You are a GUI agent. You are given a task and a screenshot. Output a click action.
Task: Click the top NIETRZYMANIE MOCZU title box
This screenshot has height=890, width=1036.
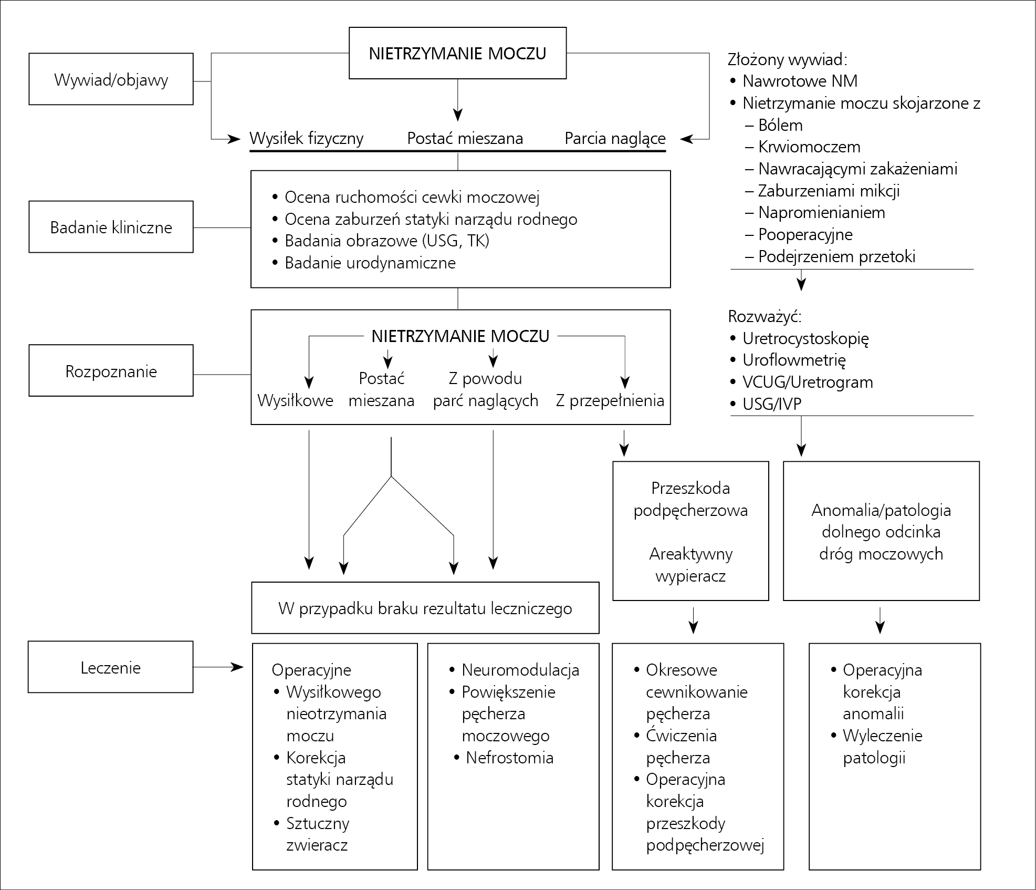[457, 53]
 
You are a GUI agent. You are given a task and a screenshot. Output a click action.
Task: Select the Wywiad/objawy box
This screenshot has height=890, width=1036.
[111, 79]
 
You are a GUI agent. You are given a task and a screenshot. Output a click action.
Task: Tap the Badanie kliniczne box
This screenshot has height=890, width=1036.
[111, 226]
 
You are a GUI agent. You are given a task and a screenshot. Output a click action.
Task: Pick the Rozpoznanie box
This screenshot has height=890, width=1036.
[111, 370]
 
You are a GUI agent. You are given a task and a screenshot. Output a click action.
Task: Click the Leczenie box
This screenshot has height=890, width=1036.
[111, 667]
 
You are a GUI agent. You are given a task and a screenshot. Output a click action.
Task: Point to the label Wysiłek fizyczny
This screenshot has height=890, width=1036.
[306, 138]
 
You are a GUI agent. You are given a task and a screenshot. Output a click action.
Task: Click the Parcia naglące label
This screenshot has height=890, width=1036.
[615, 138]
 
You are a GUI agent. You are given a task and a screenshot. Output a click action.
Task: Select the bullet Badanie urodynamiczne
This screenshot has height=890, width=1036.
[364, 263]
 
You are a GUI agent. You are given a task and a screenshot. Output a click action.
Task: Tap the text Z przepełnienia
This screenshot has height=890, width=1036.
[610, 400]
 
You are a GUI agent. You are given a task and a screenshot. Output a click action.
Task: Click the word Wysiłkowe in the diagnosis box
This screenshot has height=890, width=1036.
[295, 400]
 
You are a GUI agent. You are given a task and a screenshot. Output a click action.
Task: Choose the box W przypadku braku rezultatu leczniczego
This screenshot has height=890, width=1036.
[425, 608]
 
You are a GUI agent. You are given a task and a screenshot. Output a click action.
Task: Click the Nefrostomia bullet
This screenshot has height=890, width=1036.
[504, 758]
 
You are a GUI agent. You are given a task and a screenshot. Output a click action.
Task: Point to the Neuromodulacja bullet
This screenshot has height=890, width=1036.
[515, 670]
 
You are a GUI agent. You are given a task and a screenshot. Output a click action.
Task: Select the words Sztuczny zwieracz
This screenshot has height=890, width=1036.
[312, 834]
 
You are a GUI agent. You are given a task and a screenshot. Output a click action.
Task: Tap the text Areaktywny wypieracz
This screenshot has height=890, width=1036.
[690, 565]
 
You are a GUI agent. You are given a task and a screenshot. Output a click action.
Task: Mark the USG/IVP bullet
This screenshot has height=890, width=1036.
[766, 403]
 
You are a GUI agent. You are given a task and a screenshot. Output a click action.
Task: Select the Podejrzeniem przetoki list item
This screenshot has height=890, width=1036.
[830, 256]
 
